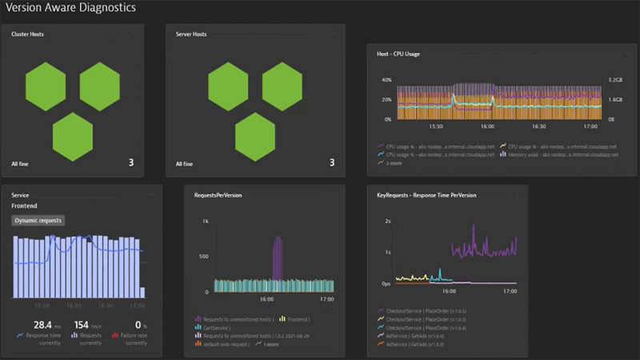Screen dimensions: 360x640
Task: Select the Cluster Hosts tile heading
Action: point(27,34)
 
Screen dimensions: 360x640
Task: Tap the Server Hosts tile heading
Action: point(191,34)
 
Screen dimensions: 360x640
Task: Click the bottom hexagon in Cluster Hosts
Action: point(72,137)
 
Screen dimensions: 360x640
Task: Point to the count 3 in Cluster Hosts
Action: point(130,163)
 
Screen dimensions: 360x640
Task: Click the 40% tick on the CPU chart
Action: point(386,81)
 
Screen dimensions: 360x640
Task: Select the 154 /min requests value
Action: point(83,326)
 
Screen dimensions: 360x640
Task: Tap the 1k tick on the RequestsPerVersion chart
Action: point(205,221)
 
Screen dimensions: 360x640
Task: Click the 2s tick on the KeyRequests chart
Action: point(387,221)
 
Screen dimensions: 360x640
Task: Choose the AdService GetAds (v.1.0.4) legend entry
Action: point(414,336)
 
